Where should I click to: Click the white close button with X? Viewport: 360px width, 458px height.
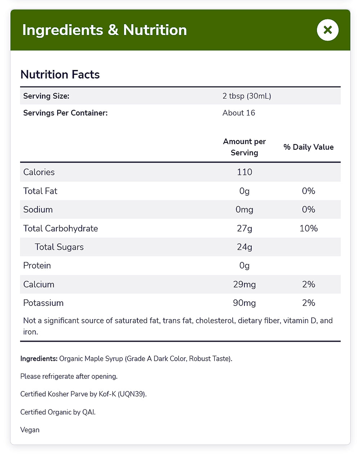(x=328, y=30)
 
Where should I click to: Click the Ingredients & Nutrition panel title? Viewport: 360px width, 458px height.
(x=104, y=30)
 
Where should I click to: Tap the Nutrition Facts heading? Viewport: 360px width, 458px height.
(x=60, y=74)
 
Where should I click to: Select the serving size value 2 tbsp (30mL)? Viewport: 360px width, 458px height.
(x=247, y=96)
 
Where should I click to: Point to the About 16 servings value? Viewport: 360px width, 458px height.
(x=239, y=113)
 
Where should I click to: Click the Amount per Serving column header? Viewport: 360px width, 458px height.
(x=244, y=147)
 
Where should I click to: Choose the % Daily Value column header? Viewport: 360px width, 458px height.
(x=309, y=147)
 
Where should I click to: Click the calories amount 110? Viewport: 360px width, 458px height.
(x=244, y=172)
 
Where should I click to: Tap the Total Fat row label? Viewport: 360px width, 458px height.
(x=40, y=191)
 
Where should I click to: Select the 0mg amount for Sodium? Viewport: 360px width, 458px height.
(x=244, y=209)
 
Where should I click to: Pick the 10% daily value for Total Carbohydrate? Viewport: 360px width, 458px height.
(x=309, y=228)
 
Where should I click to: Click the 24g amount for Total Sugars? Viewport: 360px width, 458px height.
(x=244, y=247)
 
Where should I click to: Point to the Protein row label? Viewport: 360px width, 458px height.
(x=37, y=266)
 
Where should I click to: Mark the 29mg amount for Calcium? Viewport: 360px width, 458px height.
(x=244, y=285)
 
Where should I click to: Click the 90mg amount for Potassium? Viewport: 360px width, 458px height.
(x=244, y=303)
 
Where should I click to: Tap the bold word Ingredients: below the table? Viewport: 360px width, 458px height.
(x=39, y=359)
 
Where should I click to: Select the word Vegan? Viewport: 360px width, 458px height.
(x=30, y=430)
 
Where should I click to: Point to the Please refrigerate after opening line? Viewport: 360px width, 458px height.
(x=69, y=376)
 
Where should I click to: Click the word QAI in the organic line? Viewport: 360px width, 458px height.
(x=89, y=412)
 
